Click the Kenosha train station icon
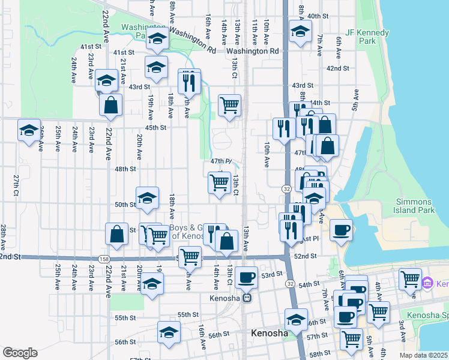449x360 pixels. tap(246, 298)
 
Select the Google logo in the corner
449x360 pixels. tap(20, 352)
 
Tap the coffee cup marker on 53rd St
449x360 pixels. tap(246, 277)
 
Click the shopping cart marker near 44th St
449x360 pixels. tap(230, 106)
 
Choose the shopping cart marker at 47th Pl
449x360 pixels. tap(220, 183)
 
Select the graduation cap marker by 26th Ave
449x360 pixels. tap(29, 130)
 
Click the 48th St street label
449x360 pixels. tap(125, 169)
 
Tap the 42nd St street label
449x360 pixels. tap(338, 68)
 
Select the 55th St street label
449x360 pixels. tap(187, 315)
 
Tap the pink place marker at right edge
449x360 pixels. tap(427, 283)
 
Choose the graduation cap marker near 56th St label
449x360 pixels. tap(169, 331)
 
